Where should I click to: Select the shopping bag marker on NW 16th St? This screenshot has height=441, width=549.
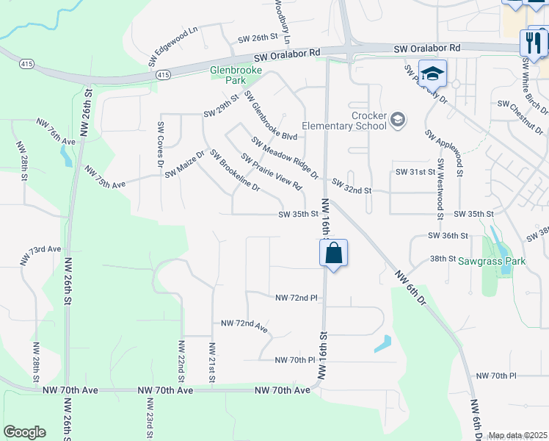click(x=333, y=254)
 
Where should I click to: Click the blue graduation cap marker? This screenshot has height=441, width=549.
click(x=433, y=73)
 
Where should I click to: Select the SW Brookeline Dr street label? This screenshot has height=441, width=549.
click(x=235, y=171)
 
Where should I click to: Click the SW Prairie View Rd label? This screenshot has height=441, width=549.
click(x=272, y=172)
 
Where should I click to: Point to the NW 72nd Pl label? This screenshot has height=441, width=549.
click(x=296, y=298)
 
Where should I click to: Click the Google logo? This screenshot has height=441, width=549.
click(x=24, y=432)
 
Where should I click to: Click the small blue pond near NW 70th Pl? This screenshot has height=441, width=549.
click(x=382, y=343)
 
